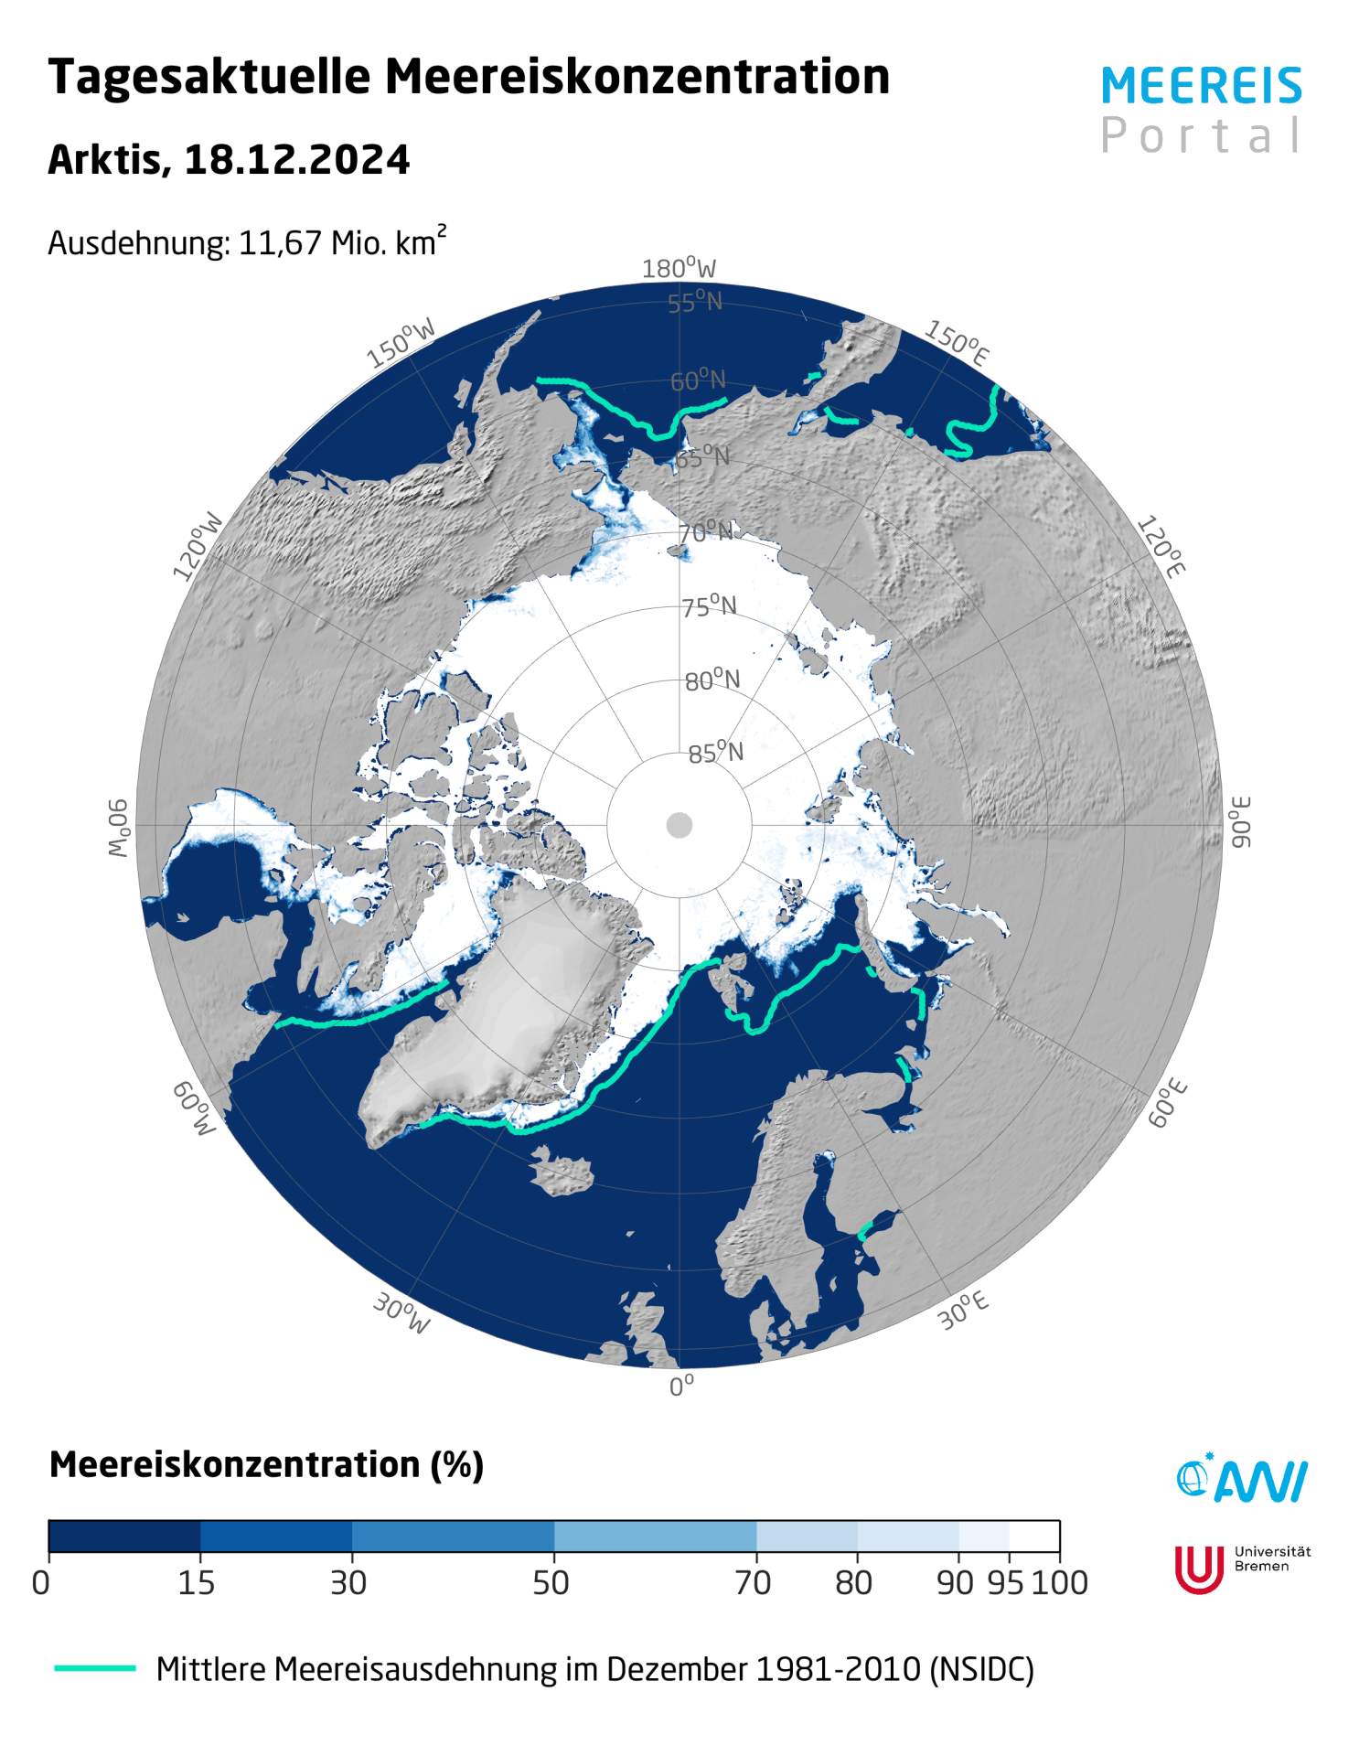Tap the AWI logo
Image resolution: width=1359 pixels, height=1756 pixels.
[x=1241, y=1479]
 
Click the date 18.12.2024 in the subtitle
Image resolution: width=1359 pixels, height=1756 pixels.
[x=296, y=160]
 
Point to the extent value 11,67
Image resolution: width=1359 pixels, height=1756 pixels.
[x=280, y=243]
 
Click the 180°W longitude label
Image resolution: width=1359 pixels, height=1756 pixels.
[x=679, y=269]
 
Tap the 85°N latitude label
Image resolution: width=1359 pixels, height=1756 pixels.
[x=715, y=754]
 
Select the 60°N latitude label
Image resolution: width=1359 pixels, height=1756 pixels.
[x=698, y=380]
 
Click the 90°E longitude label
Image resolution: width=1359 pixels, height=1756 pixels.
[x=1239, y=822]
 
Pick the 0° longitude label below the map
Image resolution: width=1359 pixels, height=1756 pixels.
[x=681, y=1387]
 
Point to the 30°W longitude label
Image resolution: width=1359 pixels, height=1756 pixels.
[x=401, y=1314]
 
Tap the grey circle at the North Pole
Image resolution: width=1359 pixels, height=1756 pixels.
[x=679, y=825]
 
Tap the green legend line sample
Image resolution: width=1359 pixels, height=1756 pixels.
[x=95, y=1669]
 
